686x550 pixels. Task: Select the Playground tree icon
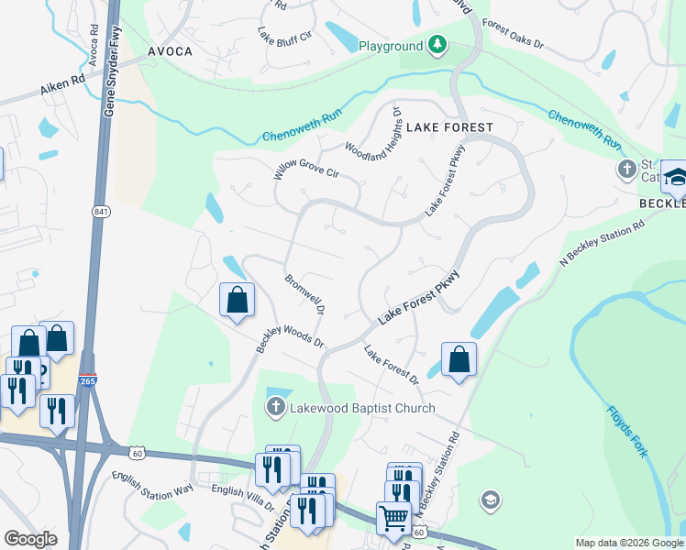[x=437, y=45]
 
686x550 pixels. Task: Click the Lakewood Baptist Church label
[x=362, y=408]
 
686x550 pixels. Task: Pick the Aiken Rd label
[x=62, y=88]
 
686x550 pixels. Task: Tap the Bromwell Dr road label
[x=305, y=294]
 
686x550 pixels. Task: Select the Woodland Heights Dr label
[x=372, y=137]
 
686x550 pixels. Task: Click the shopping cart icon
[x=393, y=517]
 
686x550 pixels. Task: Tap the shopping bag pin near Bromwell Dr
[x=237, y=299]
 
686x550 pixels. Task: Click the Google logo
[x=30, y=539]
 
